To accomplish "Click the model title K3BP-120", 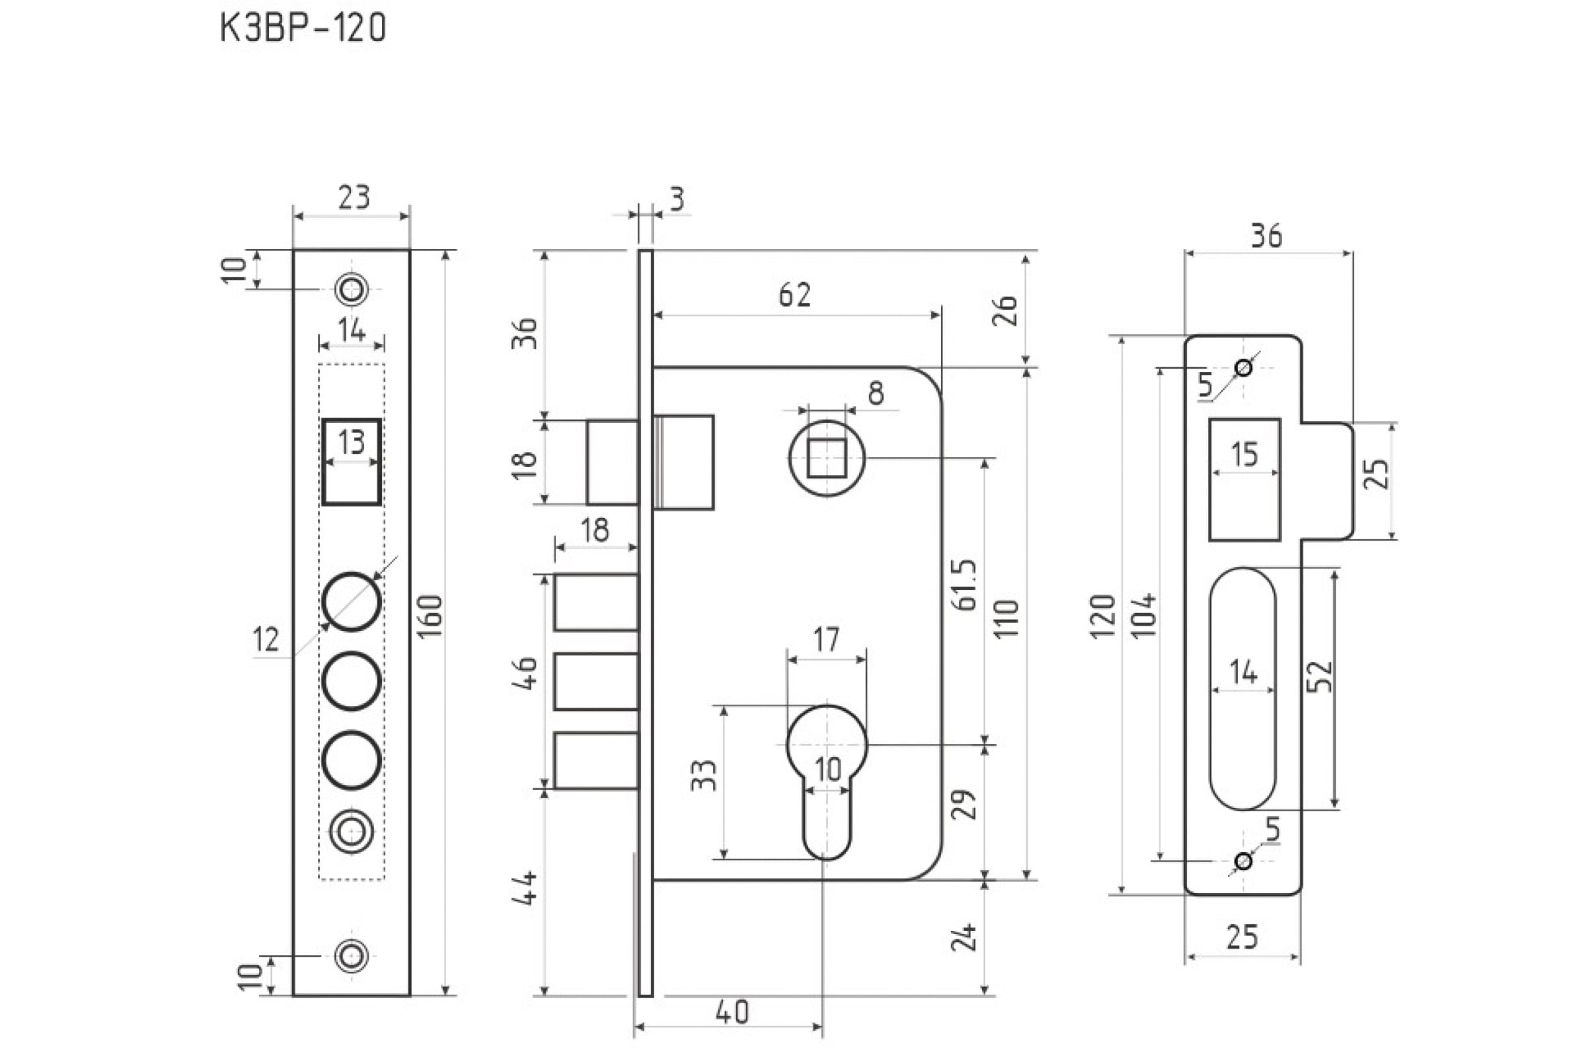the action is [303, 28].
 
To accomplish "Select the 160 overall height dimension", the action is [432, 616].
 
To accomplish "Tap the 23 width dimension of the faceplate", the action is [354, 197].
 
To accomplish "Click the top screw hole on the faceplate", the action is [352, 290].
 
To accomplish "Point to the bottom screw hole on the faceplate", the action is [352, 956].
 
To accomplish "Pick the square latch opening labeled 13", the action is [352, 462].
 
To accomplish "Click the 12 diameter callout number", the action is [266, 638].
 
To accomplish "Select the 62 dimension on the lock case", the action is [794, 295].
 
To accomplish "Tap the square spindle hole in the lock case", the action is [827, 458].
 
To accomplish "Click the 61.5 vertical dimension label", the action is [965, 585].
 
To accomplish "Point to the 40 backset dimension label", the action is [732, 1012].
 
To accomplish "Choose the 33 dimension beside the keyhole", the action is [703, 775].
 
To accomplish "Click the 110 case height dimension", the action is [1006, 619].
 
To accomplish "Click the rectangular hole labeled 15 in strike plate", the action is [1245, 480].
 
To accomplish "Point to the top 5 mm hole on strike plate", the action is [1244, 368].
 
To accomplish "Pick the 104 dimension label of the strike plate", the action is [1145, 615].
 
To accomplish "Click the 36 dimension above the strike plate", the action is [1266, 236].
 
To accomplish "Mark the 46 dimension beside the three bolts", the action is [525, 673].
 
